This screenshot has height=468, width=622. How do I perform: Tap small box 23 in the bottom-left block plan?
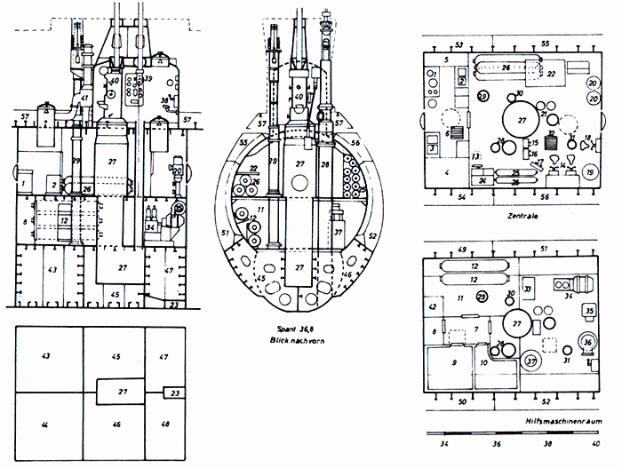(x=174, y=393)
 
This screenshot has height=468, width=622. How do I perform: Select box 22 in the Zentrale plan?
(x=552, y=74)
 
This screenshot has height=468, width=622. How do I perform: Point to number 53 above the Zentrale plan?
(x=459, y=44)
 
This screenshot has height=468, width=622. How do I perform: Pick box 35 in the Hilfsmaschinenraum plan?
(x=589, y=310)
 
